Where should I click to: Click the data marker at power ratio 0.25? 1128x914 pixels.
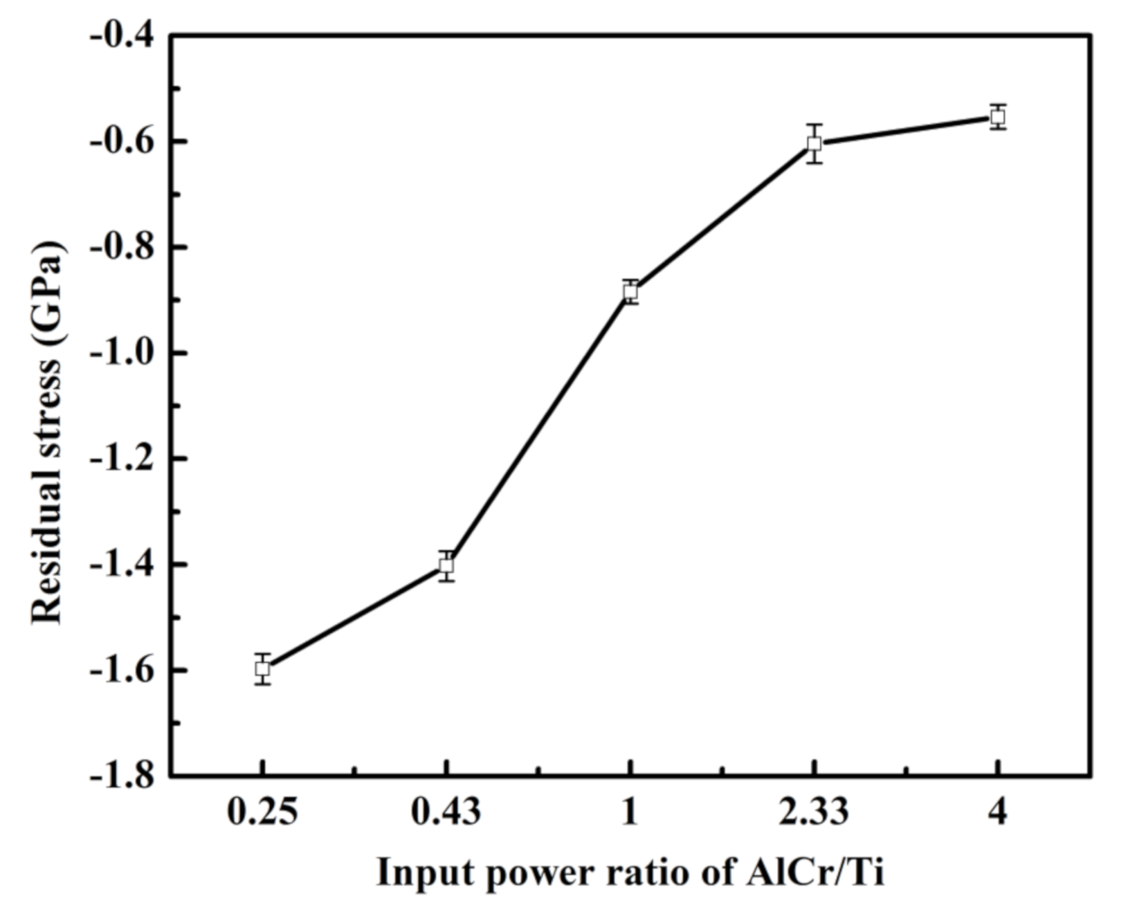click(262, 668)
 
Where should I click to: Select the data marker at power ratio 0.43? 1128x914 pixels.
click(446, 565)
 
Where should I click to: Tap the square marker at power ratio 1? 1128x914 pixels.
click(630, 291)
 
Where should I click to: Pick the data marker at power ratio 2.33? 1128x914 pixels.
click(814, 143)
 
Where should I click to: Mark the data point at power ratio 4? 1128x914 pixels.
click(997, 116)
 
